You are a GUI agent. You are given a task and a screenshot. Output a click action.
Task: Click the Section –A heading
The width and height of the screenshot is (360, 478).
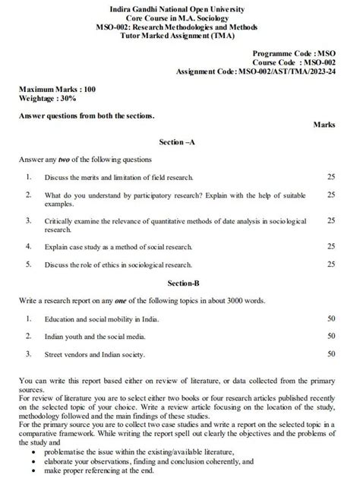pyautogui.click(x=180, y=142)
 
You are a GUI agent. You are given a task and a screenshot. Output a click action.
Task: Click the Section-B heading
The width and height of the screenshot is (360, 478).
pyautogui.click(x=180, y=282)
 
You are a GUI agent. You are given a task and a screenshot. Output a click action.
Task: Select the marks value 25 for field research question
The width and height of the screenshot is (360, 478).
pyautogui.click(x=331, y=176)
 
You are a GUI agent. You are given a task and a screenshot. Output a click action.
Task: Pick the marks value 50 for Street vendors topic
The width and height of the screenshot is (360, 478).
pyautogui.click(x=331, y=353)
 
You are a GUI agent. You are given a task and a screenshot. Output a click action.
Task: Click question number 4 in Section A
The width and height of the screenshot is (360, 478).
pyautogui.click(x=28, y=246)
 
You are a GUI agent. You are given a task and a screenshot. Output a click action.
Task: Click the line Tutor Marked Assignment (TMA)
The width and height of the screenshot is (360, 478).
pyautogui.click(x=180, y=33)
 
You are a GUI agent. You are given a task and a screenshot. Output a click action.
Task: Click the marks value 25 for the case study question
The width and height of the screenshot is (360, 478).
pyautogui.click(x=331, y=246)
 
